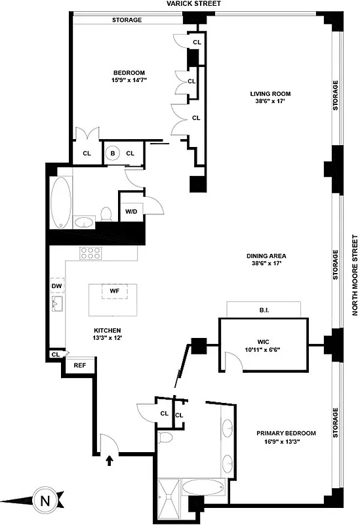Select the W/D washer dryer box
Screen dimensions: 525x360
click(131, 211)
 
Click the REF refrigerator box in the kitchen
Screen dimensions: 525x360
click(80, 365)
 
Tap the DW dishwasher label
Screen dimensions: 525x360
click(56, 286)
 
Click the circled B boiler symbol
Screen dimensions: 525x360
click(112, 153)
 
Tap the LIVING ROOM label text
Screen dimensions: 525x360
click(269, 94)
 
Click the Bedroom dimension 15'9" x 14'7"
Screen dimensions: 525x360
click(129, 80)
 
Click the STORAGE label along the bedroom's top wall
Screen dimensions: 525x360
click(127, 20)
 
